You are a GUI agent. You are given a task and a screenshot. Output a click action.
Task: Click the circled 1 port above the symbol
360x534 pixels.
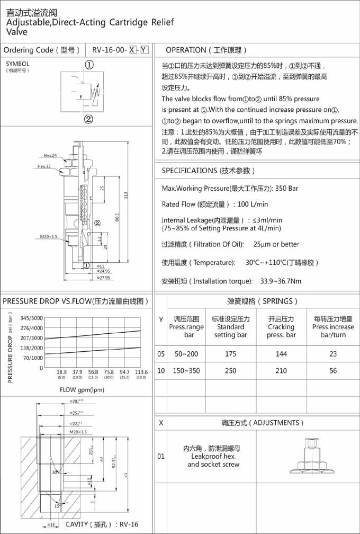click(89, 65)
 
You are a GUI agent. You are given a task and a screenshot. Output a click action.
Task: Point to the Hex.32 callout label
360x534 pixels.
click(44, 166)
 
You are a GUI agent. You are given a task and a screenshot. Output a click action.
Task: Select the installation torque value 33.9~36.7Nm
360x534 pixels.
click(281, 281)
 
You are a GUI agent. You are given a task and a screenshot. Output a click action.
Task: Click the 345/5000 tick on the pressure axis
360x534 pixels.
click(32, 318)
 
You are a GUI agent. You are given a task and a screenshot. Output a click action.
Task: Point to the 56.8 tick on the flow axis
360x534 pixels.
click(93, 372)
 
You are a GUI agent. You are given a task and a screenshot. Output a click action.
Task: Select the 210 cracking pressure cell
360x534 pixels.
click(281, 371)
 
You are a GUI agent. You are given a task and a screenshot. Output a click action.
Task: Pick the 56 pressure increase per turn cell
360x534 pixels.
click(332, 371)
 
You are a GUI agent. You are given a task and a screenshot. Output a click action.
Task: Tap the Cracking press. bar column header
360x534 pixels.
click(281, 327)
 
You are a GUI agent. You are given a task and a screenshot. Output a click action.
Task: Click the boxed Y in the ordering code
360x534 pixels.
click(144, 50)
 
